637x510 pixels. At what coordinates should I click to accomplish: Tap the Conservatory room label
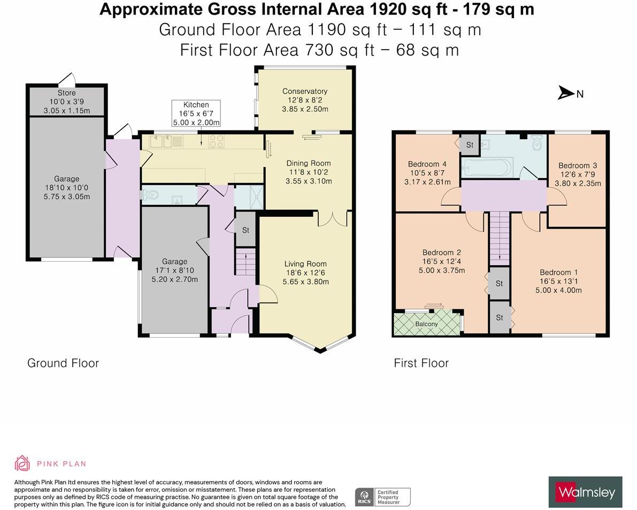(x=305, y=92)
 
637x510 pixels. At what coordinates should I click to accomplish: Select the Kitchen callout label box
(x=196, y=113)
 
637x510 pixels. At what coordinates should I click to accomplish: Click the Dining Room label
(x=308, y=163)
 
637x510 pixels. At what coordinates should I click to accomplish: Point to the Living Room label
(x=305, y=264)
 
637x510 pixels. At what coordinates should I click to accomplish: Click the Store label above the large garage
(x=67, y=93)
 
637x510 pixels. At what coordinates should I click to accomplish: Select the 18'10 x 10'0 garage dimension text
(x=66, y=188)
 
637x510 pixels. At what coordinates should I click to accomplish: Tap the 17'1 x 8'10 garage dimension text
(x=174, y=271)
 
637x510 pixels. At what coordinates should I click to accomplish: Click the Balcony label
(x=426, y=324)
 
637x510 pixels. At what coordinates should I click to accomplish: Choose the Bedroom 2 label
(x=441, y=253)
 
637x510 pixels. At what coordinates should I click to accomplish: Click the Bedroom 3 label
(x=577, y=166)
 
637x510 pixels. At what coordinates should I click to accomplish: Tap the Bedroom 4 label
(x=427, y=164)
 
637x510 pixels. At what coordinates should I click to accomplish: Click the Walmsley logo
(x=585, y=492)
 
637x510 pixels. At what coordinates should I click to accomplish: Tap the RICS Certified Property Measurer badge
(x=383, y=497)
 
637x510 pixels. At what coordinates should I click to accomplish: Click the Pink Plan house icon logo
(x=22, y=463)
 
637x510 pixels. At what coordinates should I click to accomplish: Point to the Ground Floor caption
(x=63, y=363)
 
